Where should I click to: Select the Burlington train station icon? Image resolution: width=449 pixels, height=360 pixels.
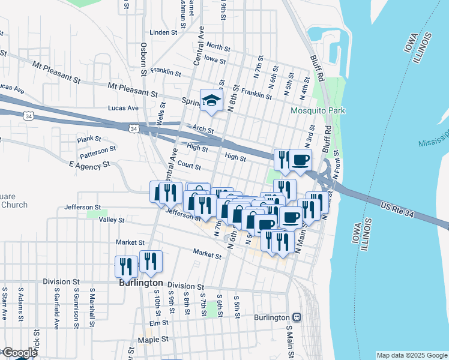[x=296, y=316]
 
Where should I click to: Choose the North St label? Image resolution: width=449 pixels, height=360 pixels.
[x=218, y=46]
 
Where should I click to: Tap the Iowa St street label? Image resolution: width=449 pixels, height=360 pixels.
[x=214, y=60]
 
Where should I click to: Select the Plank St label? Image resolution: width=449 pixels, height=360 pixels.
[x=89, y=139]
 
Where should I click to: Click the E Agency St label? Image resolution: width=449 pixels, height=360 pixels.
[x=90, y=164]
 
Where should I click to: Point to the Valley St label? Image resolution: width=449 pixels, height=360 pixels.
[x=112, y=220]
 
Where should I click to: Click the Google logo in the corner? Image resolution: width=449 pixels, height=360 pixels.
[x=19, y=353]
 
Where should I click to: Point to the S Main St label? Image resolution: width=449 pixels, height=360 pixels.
[x=289, y=341]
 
